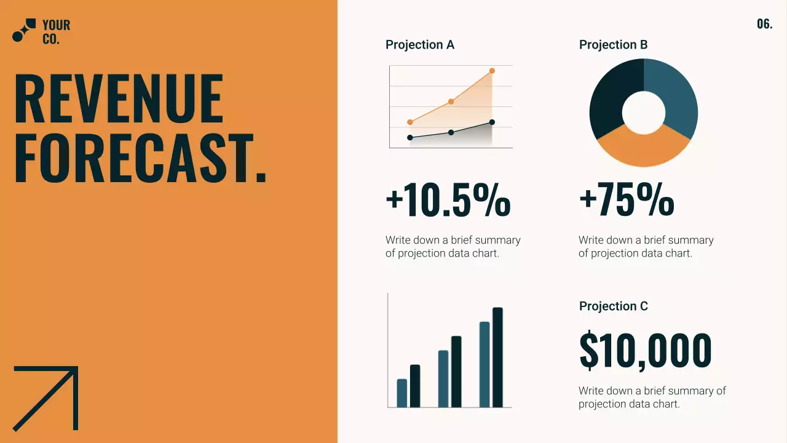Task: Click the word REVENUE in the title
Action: click(x=118, y=98)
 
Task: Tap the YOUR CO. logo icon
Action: click(x=24, y=31)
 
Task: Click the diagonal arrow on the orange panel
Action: click(x=47, y=397)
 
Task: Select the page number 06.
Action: click(x=764, y=25)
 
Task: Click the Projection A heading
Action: click(x=420, y=45)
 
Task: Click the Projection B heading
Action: click(x=613, y=45)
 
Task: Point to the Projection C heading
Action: click(x=613, y=306)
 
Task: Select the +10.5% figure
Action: click(x=448, y=201)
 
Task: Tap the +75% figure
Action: click(x=626, y=201)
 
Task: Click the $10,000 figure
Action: click(x=645, y=351)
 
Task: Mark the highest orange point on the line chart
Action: click(x=492, y=71)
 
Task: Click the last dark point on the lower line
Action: click(x=492, y=122)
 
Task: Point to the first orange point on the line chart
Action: click(x=410, y=122)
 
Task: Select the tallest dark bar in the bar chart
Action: click(x=497, y=357)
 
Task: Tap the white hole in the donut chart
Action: click(x=644, y=113)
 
